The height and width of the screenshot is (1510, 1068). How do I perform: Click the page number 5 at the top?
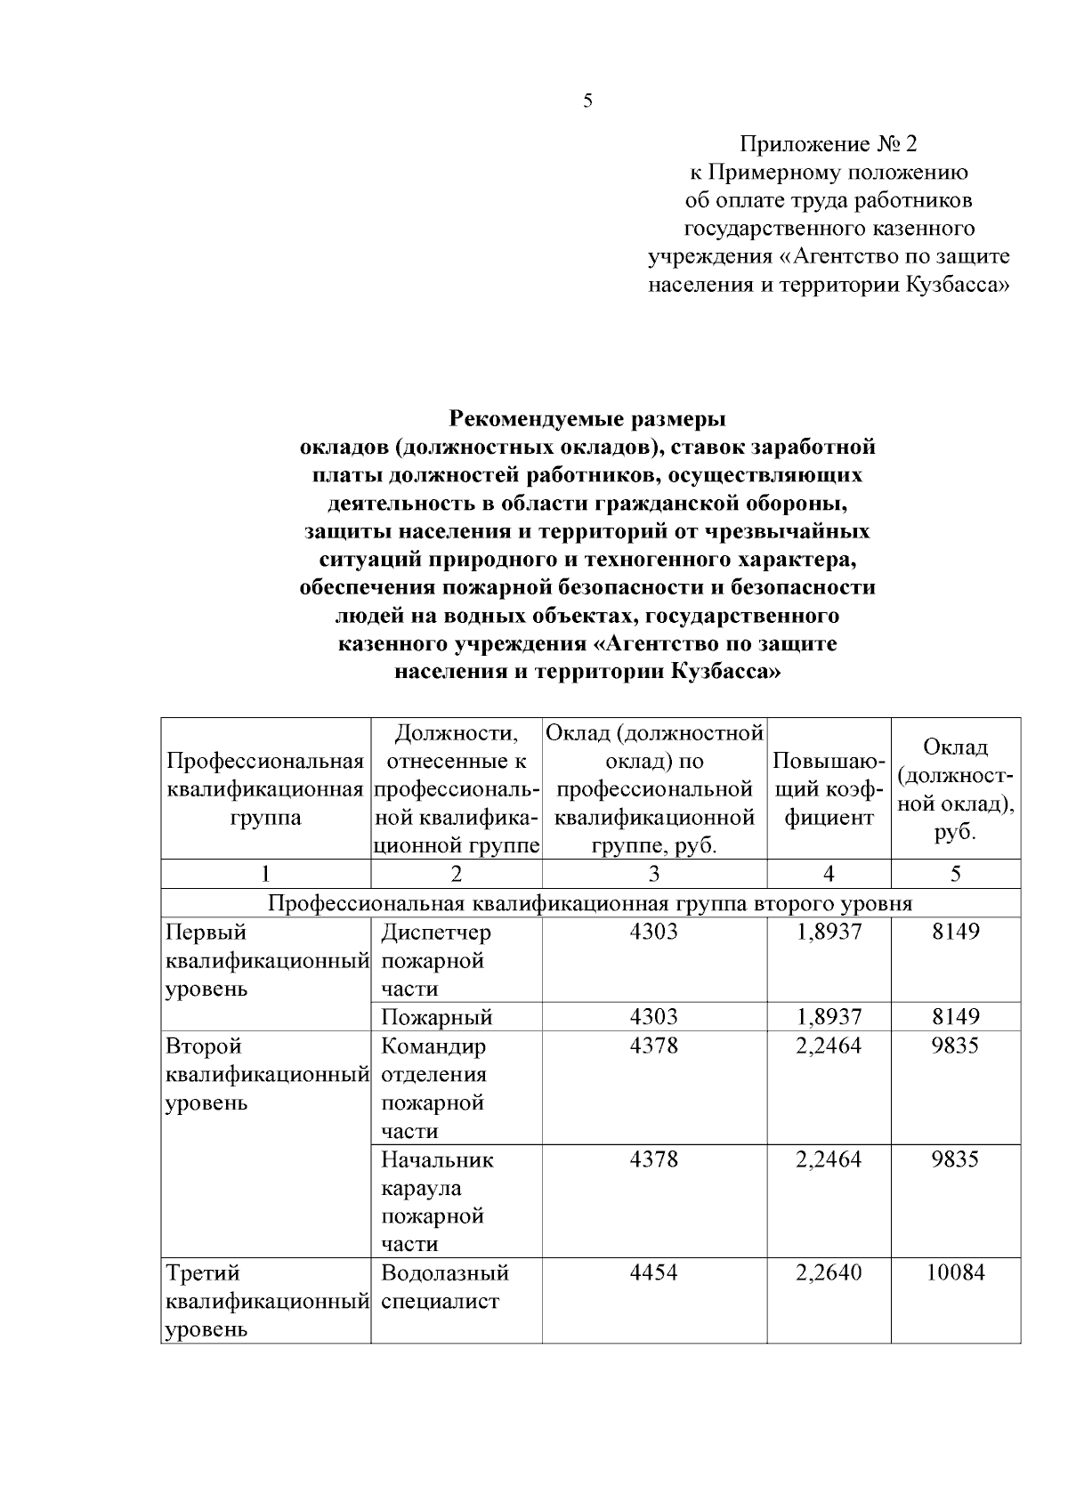pyautogui.click(x=587, y=101)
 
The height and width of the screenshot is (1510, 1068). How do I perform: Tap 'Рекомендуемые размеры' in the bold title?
pyautogui.click(x=587, y=417)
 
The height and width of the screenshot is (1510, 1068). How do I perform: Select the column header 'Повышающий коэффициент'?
pyautogui.click(x=828, y=789)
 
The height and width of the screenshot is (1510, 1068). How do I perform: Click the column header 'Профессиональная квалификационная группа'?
pyautogui.click(x=265, y=789)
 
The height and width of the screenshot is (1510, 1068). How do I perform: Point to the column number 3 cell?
pyautogui.click(x=653, y=874)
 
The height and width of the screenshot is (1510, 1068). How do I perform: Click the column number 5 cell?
pyautogui.click(x=955, y=874)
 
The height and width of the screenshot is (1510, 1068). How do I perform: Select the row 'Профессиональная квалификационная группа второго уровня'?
pyautogui.click(x=589, y=903)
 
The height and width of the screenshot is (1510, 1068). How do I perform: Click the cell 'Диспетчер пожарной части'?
pyautogui.click(x=435, y=960)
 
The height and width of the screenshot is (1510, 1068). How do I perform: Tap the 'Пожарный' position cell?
pyautogui.click(x=436, y=1017)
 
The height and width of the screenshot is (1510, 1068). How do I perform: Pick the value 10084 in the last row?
pyautogui.click(x=955, y=1272)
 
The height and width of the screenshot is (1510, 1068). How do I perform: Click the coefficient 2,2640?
pyautogui.click(x=828, y=1272)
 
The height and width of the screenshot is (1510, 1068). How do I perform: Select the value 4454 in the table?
pyautogui.click(x=653, y=1272)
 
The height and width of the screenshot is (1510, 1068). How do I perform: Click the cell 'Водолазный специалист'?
pyautogui.click(x=444, y=1287)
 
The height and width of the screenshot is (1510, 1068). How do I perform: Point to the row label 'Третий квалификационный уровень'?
pyautogui.click(x=265, y=1301)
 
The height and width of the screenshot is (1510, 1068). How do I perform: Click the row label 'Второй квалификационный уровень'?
pyautogui.click(x=265, y=1074)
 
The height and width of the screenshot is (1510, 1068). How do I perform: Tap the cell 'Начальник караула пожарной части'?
pyautogui.click(x=436, y=1201)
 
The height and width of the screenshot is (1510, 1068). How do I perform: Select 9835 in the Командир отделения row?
pyautogui.click(x=955, y=1046)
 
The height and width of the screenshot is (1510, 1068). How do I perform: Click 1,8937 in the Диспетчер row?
pyautogui.click(x=828, y=932)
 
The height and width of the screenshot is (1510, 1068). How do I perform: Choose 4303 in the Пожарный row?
pyautogui.click(x=653, y=1017)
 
